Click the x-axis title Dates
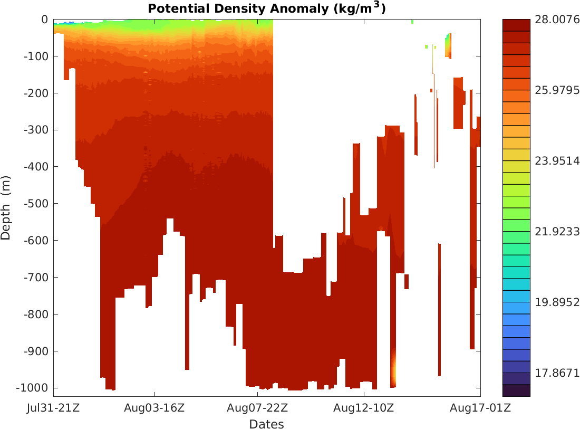(x=266, y=424)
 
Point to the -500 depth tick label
(x=36, y=204)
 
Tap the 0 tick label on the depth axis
(x=44, y=20)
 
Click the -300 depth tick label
(x=36, y=130)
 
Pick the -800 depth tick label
(x=36, y=314)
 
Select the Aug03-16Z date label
(x=154, y=408)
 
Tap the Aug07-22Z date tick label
(x=257, y=408)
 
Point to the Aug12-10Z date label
(x=364, y=408)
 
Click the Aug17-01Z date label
(x=480, y=408)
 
